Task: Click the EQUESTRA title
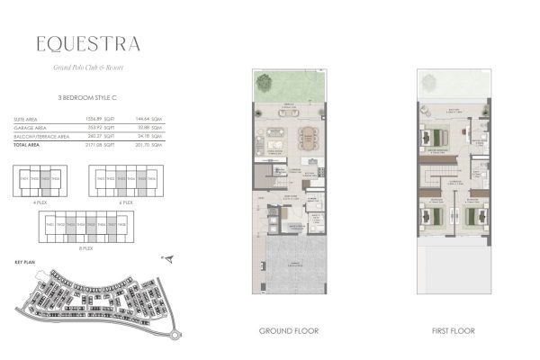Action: tap(88, 43)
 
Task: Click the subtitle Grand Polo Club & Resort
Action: tap(88, 67)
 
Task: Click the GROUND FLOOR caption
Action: tap(288, 331)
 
